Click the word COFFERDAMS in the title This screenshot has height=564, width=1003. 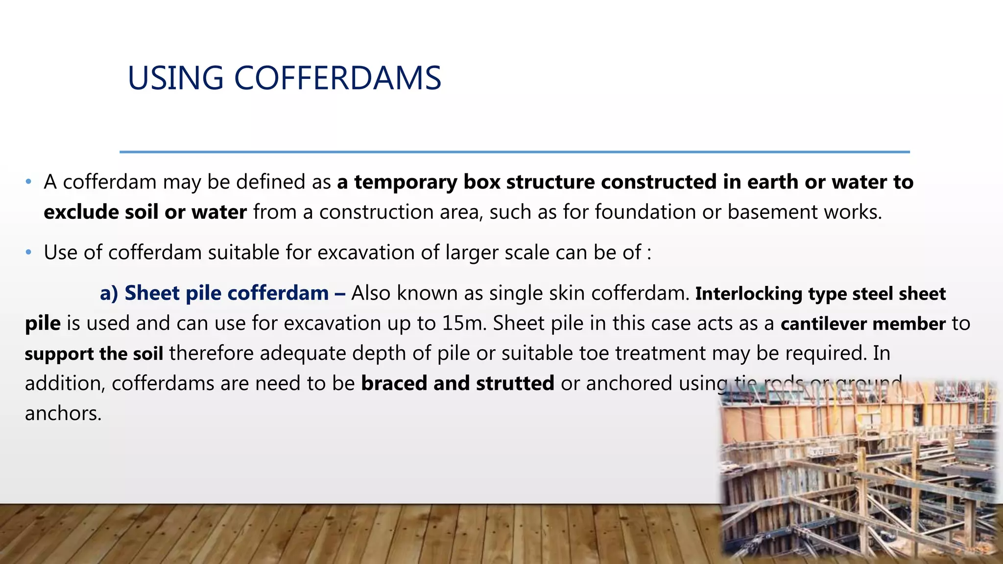click(337, 78)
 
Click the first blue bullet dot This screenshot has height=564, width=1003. click(28, 182)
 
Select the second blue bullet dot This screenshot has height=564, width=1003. click(28, 253)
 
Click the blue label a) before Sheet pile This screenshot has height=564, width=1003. click(109, 293)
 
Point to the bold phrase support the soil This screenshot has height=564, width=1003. click(94, 353)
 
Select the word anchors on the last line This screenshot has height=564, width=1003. click(63, 414)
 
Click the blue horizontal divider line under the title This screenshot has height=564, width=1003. click(514, 152)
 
